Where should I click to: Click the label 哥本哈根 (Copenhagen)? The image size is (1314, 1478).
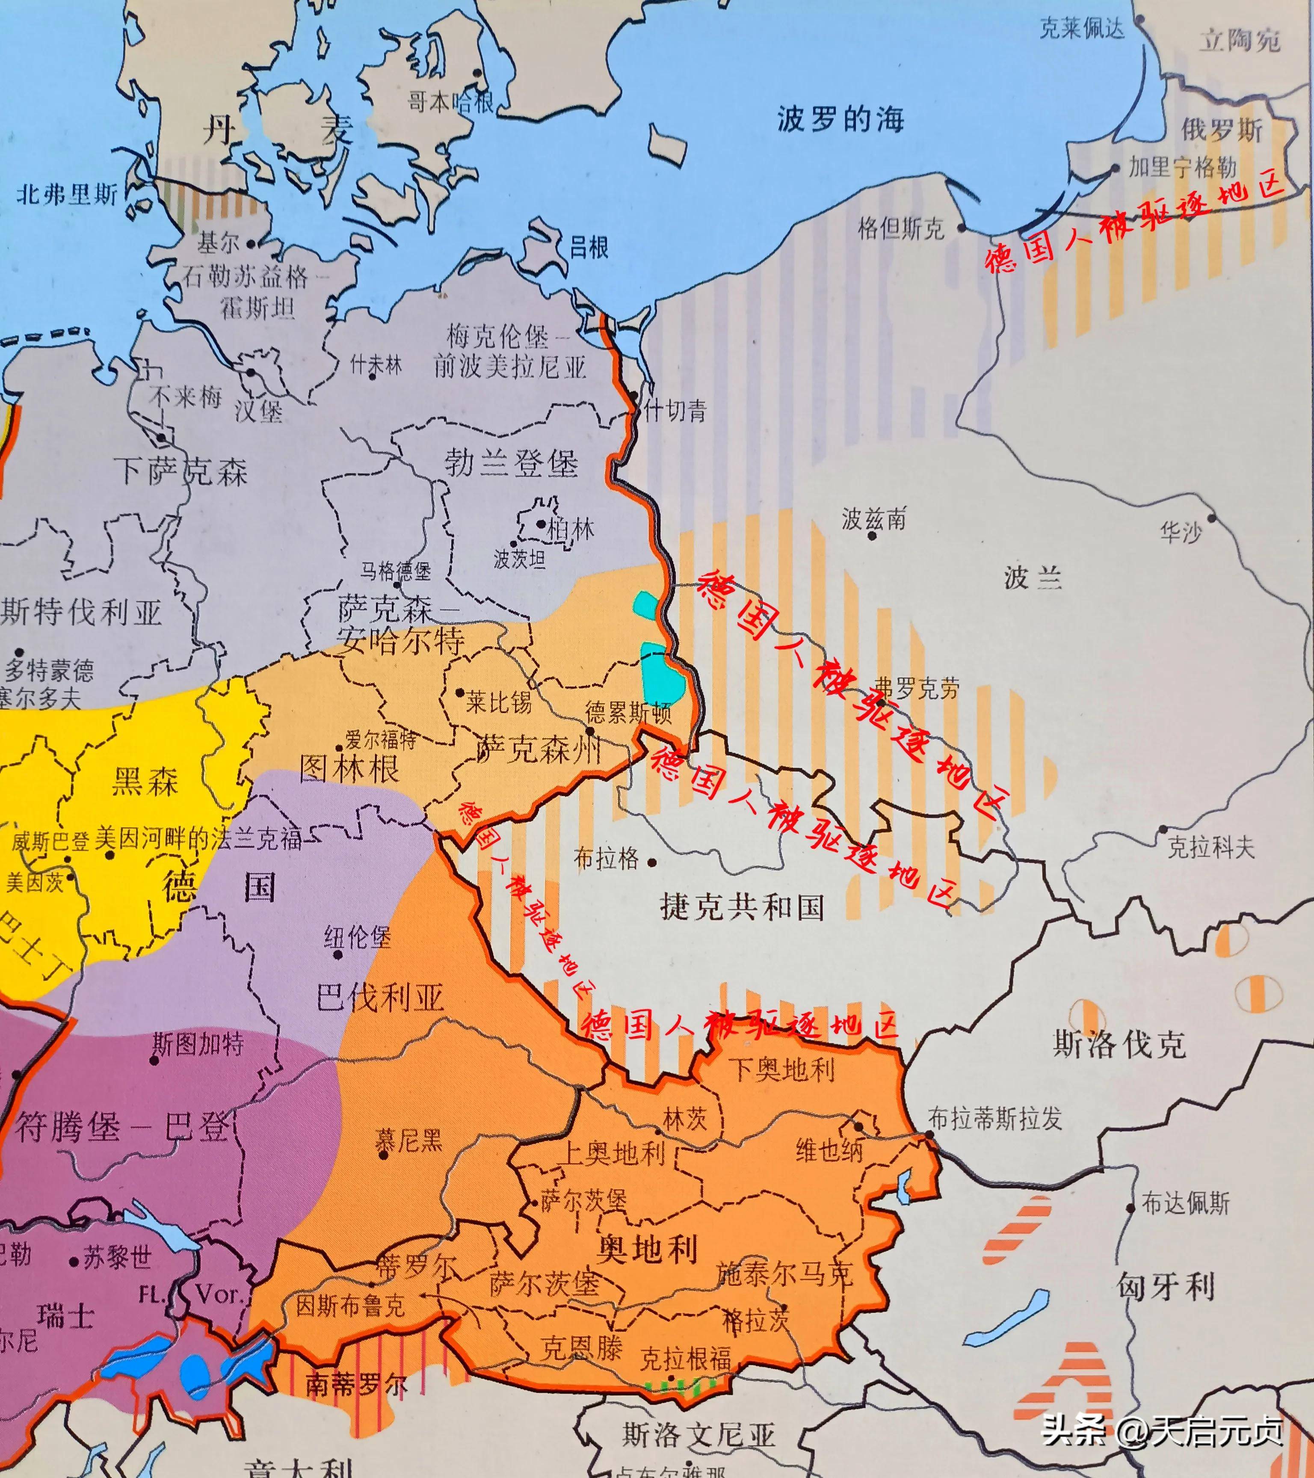click(x=450, y=101)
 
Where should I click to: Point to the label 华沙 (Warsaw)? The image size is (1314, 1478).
click(x=1180, y=533)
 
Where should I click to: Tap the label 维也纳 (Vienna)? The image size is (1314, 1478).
click(x=829, y=1150)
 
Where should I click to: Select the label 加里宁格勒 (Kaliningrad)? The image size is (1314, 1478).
click(x=1182, y=168)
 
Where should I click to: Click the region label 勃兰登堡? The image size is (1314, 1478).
click(x=511, y=463)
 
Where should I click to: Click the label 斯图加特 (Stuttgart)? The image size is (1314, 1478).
click(x=198, y=1043)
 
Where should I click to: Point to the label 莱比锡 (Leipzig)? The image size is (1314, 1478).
click(x=498, y=702)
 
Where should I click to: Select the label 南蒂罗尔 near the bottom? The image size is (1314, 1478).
click(x=356, y=1384)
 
